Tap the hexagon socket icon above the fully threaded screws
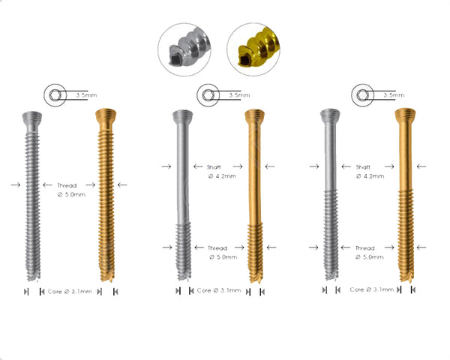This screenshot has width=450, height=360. tap(54, 95)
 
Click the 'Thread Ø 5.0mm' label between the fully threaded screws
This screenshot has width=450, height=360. tap(67, 188)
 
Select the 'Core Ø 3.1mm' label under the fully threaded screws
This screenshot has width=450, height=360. tap(70, 291)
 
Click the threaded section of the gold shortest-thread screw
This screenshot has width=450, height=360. tap(255, 247)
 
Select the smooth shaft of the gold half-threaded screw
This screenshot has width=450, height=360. tap(405, 157)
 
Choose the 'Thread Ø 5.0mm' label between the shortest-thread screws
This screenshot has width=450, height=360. tap(218, 252)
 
